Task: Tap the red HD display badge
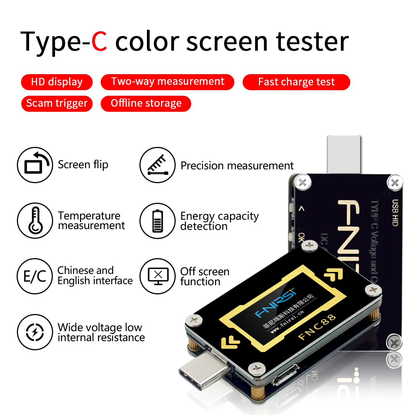[57, 82]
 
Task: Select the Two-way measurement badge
[167, 82]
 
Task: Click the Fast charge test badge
[296, 82]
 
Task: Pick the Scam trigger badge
[57, 103]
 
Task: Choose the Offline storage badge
[146, 103]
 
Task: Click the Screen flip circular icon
[35, 165]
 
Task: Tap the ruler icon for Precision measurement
[157, 165]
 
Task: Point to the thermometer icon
[35, 221]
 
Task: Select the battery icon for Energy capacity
[157, 221]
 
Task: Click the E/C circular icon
[35, 276]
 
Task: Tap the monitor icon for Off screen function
[157, 276]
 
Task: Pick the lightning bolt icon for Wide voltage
[35, 332]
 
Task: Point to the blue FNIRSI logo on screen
[275, 303]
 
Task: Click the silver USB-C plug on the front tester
[203, 371]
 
